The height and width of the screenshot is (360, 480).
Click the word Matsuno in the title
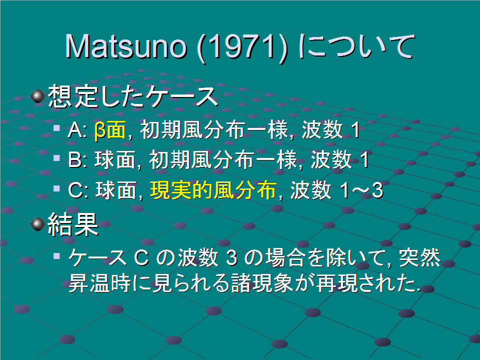[125, 46]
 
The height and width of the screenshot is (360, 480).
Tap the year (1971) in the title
[242, 47]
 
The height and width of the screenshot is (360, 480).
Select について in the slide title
[357, 46]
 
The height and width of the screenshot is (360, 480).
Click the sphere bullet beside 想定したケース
[38, 96]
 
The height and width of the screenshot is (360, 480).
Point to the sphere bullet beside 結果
[38, 224]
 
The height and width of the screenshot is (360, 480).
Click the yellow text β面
[110, 130]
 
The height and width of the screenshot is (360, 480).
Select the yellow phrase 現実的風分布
[213, 190]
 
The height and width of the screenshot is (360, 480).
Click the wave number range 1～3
[361, 190]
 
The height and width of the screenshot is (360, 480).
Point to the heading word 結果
[73, 224]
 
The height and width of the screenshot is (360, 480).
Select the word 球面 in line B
[115, 160]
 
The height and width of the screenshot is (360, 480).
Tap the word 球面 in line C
[115, 190]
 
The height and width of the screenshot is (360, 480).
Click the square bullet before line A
[56, 127]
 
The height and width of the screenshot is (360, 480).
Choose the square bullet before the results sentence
[56, 256]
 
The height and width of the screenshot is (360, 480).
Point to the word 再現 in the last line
[336, 282]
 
